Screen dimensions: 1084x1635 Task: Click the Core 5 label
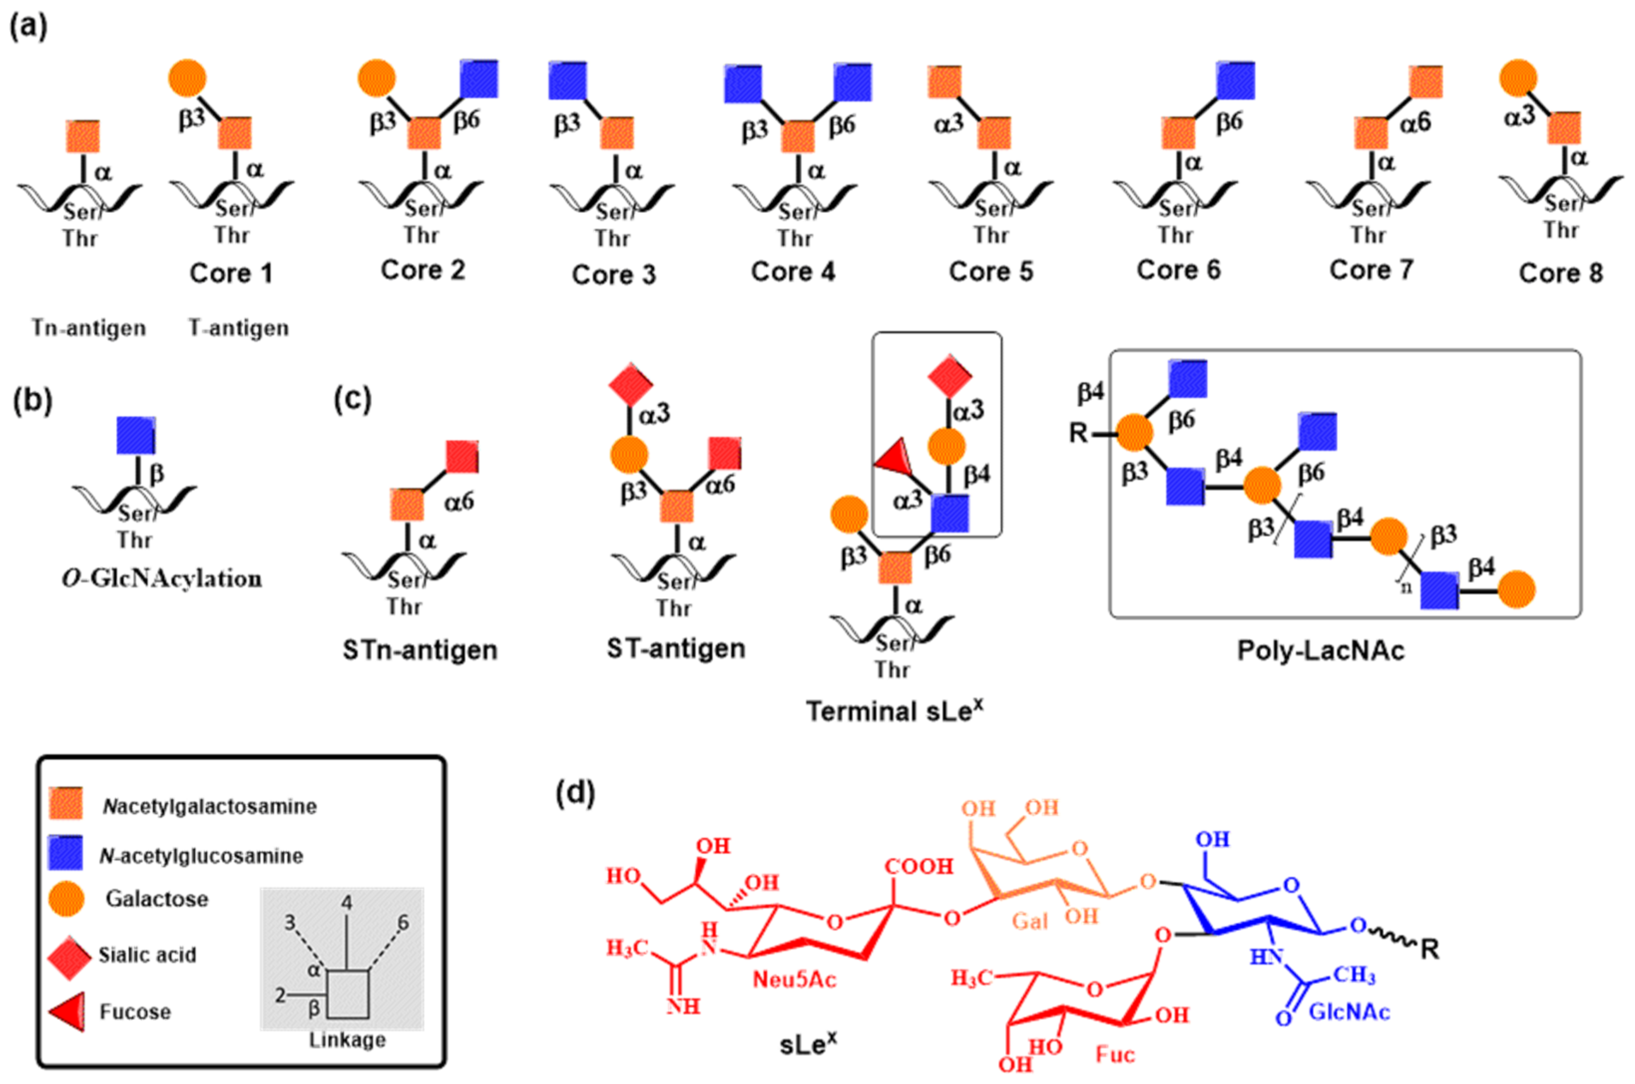[990, 272]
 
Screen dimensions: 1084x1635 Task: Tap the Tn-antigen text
[88, 328]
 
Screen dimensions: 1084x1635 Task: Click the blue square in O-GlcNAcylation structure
[136, 435]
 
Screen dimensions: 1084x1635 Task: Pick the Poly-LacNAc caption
[1320, 651]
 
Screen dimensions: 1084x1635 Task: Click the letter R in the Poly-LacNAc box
[1078, 433]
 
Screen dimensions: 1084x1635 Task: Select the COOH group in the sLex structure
[919, 866]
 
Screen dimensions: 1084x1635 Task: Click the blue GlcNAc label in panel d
[1349, 1012]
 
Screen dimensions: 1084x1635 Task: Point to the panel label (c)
[353, 399]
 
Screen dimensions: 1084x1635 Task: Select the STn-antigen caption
[420, 651]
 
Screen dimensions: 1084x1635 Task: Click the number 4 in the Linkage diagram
[346, 902]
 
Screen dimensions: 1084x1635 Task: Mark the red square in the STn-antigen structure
[462, 457]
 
